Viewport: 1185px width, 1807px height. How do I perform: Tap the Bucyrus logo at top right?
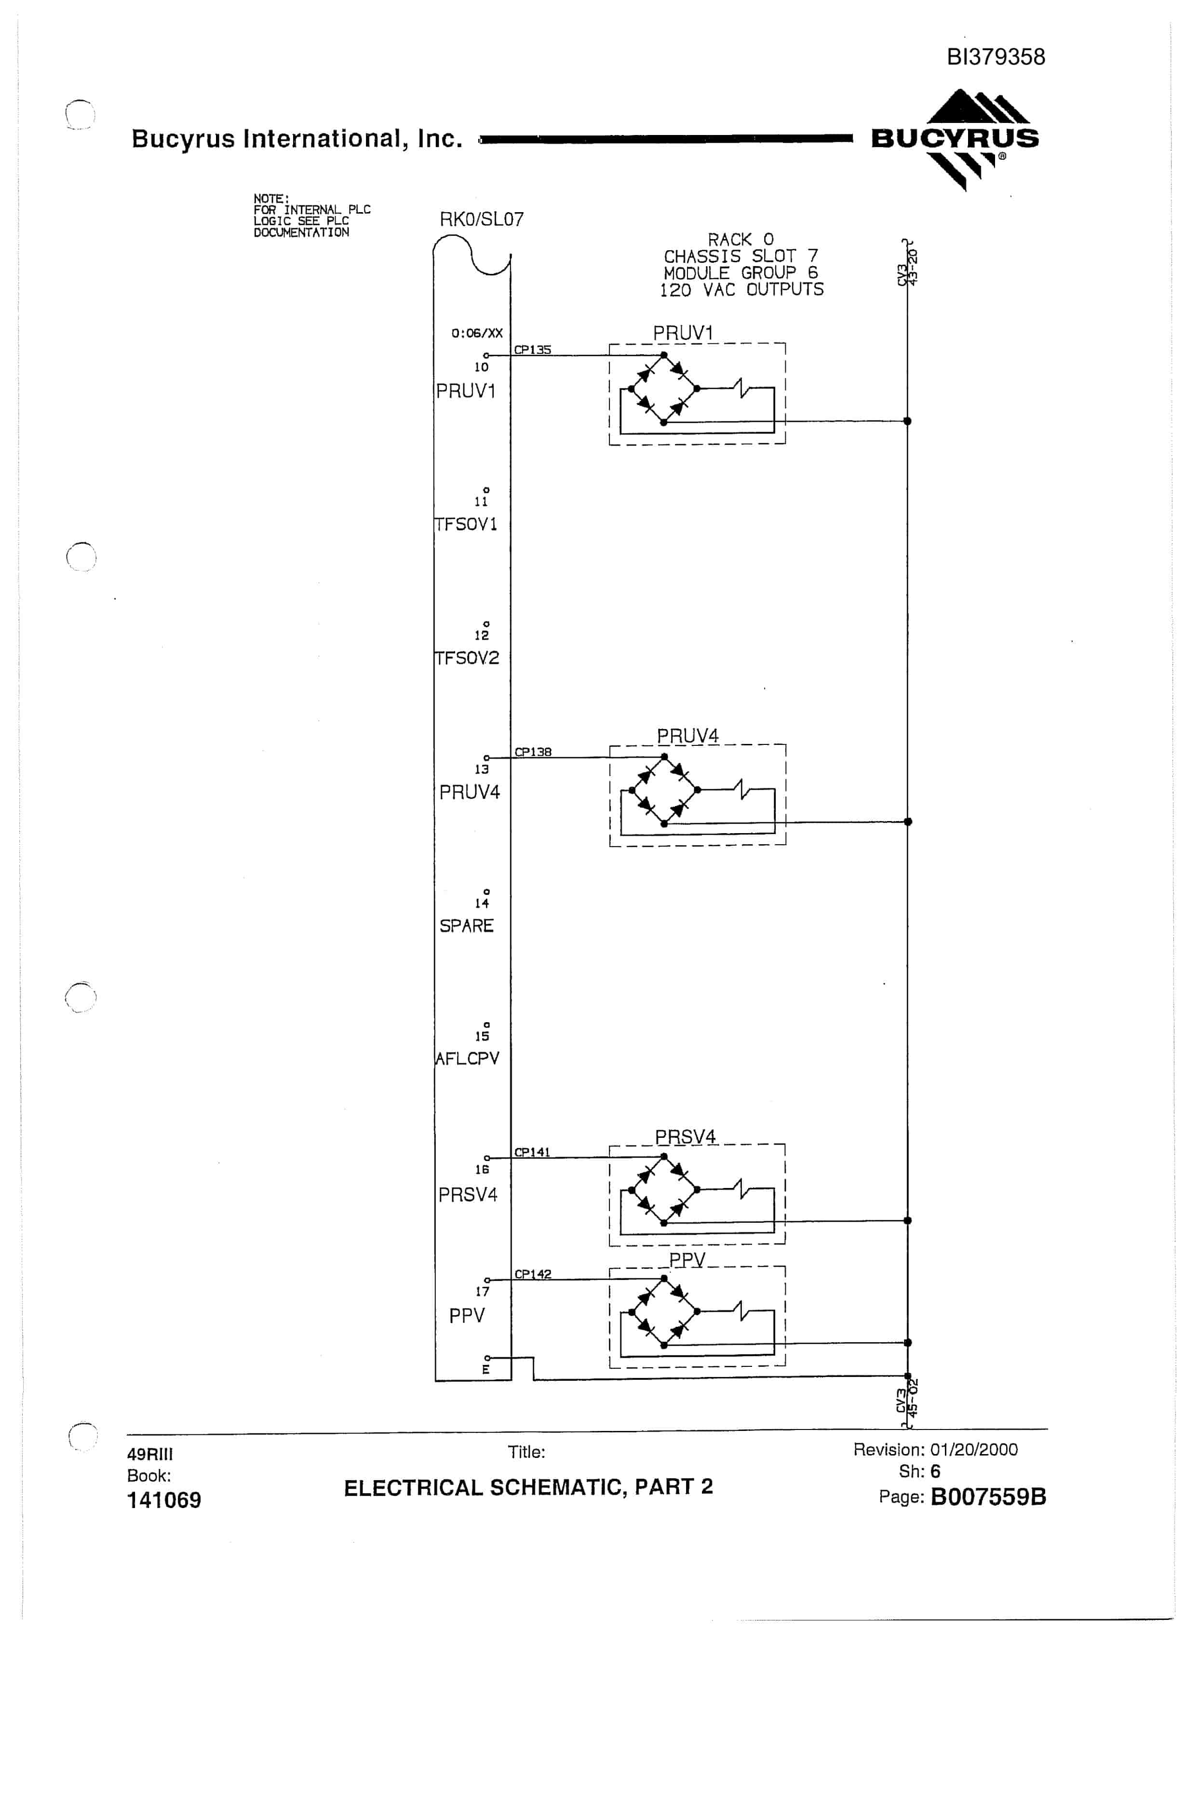pyautogui.click(x=955, y=139)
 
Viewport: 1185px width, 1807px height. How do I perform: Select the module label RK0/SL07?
pyautogui.click(x=481, y=219)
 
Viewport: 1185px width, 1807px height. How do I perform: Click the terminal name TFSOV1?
pyautogui.click(x=466, y=525)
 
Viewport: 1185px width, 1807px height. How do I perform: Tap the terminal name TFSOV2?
pyautogui.click(x=467, y=658)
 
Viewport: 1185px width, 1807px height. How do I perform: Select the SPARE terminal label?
pyautogui.click(x=466, y=926)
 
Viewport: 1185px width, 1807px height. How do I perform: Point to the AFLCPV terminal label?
pyautogui.click(x=467, y=1058)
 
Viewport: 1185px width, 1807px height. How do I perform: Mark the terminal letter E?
pyautogui.click(x=486, y=1370)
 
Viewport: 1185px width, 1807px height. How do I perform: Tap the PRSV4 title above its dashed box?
pyautogui.click(x=686, y=1136)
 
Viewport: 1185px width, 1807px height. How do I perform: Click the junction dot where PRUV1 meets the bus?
pyautogui.click(x=907, y=420)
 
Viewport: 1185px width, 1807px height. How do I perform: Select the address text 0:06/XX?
pyautogui.click(x=477, y=333)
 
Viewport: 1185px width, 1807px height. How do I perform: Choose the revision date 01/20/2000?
pyautogui.click(x=974, y=1449)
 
